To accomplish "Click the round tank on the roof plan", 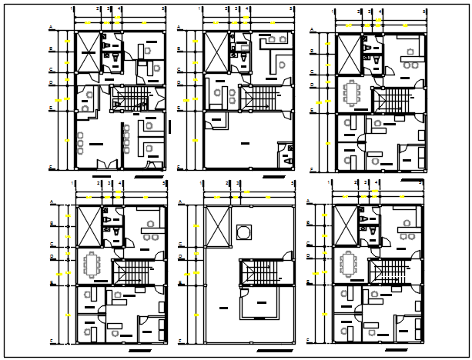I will [x=245, y=231].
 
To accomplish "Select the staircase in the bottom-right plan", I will [x=388, y=274].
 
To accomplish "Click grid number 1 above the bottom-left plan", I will [x=73, y=183].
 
